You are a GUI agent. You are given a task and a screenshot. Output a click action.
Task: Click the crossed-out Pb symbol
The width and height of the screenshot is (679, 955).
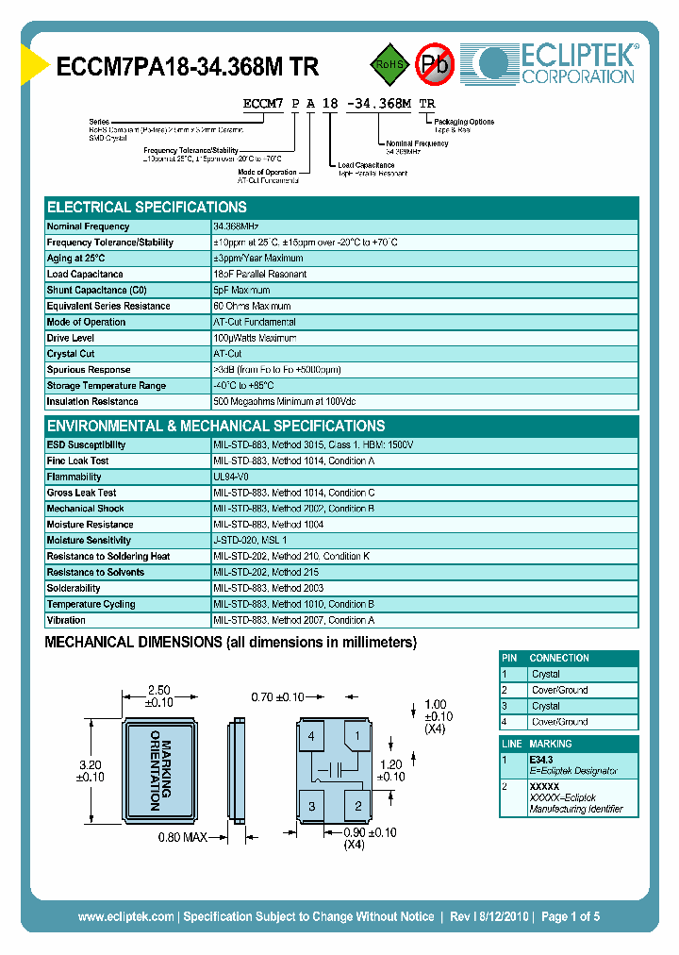pos(436,64)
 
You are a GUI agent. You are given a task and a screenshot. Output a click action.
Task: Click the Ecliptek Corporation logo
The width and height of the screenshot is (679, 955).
pos(555,62)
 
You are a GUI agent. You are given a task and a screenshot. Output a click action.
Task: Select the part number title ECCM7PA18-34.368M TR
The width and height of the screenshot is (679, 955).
pos(188,66)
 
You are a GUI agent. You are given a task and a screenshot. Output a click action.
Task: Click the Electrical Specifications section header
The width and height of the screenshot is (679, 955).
pos(147,207)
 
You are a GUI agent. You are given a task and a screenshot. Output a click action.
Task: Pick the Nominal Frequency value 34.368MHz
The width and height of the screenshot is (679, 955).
pos(236,226)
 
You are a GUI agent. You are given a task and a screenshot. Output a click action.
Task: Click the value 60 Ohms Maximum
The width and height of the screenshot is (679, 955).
pos(252,306)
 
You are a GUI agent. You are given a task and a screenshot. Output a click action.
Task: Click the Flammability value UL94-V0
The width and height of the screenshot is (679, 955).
pos(231,477)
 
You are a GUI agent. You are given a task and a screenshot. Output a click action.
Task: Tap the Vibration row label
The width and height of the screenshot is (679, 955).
pos(66,620)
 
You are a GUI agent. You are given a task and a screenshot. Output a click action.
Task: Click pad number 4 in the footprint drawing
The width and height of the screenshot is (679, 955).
pos(311,735)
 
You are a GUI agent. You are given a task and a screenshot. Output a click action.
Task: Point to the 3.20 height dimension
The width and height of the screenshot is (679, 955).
pos(90,770)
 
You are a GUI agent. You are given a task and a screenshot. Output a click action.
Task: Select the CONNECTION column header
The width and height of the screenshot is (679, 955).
pos(559,658)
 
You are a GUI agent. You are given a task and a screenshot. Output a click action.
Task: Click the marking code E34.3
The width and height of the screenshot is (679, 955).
pos(540,758)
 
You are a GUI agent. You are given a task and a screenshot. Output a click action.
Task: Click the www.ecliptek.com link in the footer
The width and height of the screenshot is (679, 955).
pos(126,916)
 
